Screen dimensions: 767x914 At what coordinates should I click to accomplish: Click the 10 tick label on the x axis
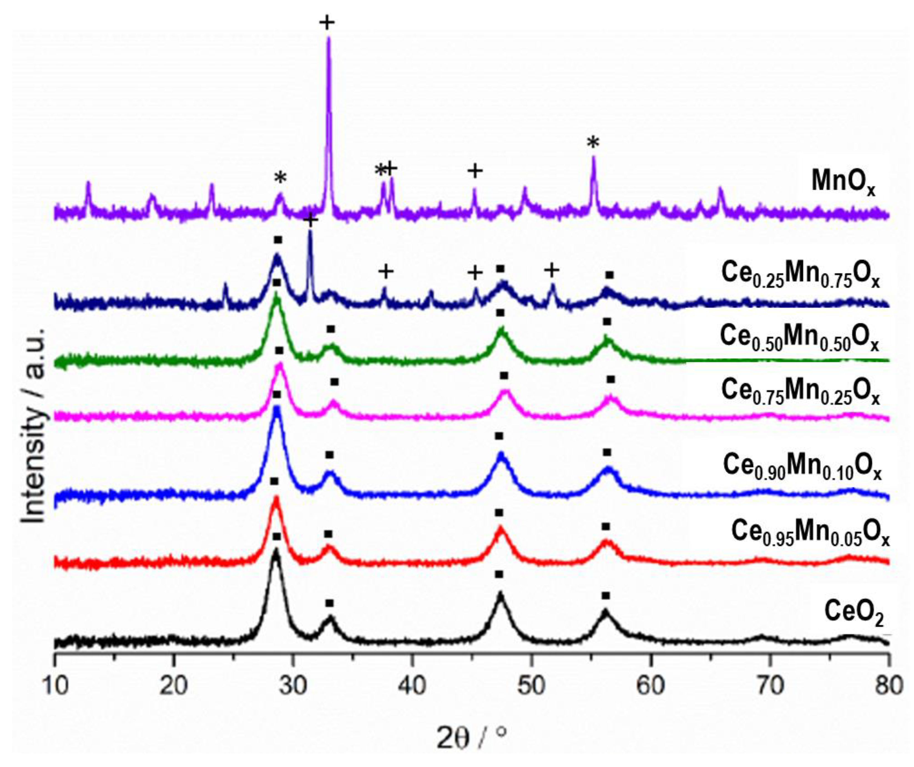55,687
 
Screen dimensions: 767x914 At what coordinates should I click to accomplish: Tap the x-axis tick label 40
412,687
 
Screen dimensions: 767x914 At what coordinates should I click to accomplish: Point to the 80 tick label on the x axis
888,687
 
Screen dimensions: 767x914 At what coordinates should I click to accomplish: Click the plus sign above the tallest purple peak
327,22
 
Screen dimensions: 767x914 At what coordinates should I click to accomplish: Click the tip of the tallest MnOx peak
329,38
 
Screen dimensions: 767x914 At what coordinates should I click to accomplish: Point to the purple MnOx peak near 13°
88,184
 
